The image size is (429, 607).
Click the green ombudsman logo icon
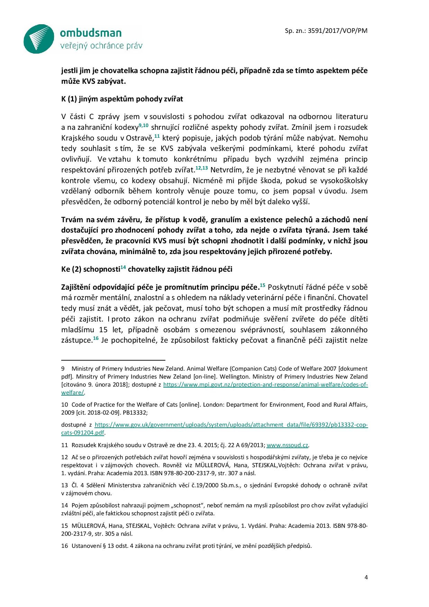(38, 39)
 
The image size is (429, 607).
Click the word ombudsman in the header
(91, 33)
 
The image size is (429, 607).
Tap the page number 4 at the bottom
(366, 577)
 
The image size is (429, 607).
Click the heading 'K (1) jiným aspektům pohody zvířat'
(122, 99)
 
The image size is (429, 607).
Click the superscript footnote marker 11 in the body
(157, 136)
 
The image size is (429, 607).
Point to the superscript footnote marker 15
(262, 285)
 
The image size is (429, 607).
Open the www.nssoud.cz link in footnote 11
(287, 445)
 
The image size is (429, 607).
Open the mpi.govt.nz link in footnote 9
(265, 384)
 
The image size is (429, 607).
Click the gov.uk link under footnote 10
(231, 425)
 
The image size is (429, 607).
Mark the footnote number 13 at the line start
(64, 485)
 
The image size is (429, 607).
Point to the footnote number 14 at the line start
(64, 506)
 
